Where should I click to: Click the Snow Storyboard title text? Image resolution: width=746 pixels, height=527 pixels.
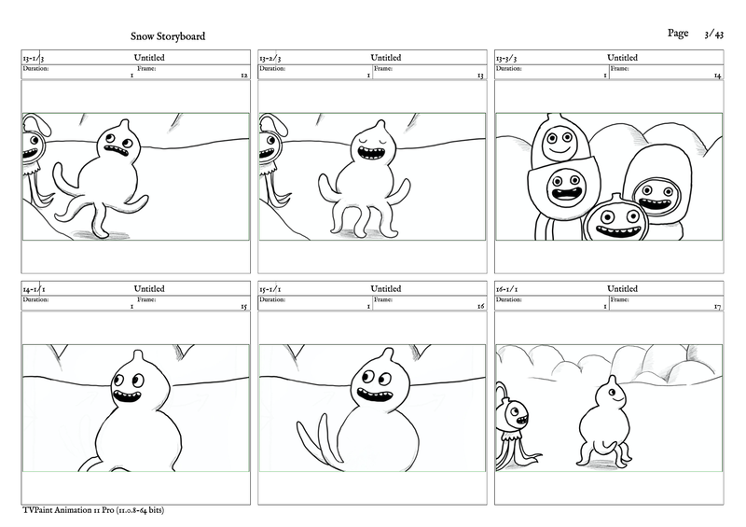169,36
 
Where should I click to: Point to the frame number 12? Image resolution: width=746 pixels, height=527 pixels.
243,76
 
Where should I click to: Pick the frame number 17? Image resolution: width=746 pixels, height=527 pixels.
717,306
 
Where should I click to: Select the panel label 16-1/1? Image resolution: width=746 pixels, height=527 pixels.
510,289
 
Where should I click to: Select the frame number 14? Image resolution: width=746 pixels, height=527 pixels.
717,76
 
